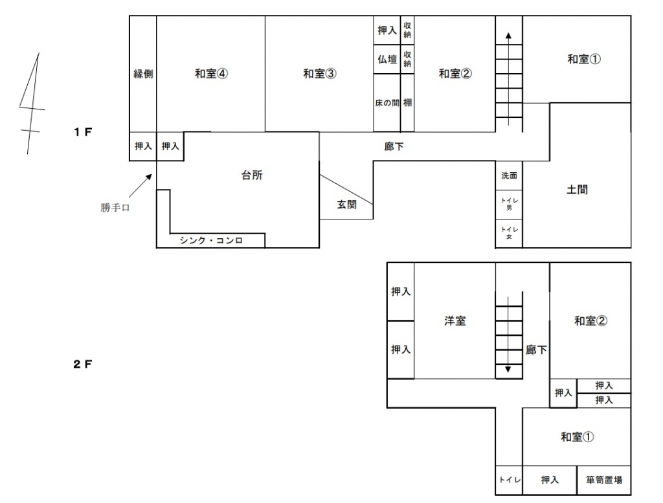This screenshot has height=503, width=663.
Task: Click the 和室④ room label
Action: [211, 74]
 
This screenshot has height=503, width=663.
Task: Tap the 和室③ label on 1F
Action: [319, 74]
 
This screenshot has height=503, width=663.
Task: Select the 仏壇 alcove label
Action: [387, 59]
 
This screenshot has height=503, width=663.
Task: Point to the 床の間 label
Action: [387, 103]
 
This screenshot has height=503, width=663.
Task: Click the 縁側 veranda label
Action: [143, 74]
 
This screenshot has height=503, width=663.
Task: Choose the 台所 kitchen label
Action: [252, 175]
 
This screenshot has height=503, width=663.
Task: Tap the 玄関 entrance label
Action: [346, 205]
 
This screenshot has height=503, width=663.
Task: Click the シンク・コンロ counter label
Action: [211, 241]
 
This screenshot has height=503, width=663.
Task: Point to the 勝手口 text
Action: [115, 208]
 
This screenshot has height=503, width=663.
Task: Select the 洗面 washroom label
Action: [509, 175]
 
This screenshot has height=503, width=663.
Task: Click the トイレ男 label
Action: [509, 204]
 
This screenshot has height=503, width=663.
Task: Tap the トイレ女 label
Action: [509, 233]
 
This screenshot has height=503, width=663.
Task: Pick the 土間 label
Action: [577, 190]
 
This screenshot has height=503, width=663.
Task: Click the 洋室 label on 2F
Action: [455, 321]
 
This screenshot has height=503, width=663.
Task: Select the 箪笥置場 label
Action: [604, 480]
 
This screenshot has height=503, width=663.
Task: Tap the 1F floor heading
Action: [82, 132]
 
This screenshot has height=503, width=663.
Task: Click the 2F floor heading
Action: [82, 364]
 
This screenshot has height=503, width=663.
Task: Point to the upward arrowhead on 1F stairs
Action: [508, 36]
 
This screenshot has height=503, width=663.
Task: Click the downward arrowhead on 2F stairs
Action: [508, 369]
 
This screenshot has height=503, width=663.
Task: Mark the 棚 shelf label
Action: [407, 103]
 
